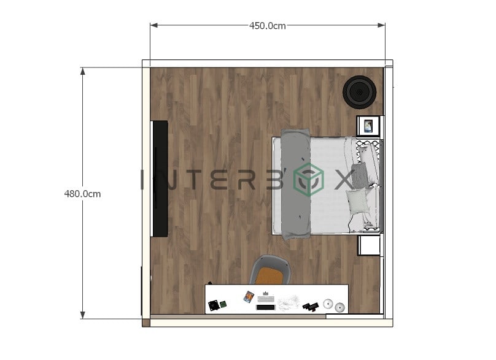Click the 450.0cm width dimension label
pyautogui.click(x=267, y=26)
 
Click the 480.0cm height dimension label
pyautogui.click(x=82, y=194)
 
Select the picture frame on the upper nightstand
pyautogui.click(x=368, y=126)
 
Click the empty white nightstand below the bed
pyautogui.click(x=369, y=245)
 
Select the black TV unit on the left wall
pyautogui.click(x=160, y=178)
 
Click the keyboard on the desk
pyautogui.click(x=266, y=298)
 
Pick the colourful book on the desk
pyautogui.click(x=249, y=297)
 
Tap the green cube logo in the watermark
pyautogui.click(x=309, y=180)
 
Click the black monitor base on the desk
pyautogui.click(x=265, y=307)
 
